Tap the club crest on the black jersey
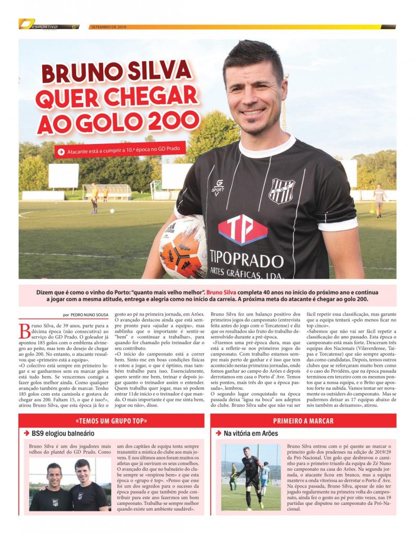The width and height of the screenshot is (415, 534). [x=281, y=190]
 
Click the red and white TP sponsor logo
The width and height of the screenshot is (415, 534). [x=242, y=230]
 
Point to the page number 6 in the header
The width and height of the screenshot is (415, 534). [x=74, y=27]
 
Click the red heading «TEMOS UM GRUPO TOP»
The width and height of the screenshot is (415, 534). [x=112, y=421]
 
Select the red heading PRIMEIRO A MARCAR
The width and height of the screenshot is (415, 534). [x=303, y=421]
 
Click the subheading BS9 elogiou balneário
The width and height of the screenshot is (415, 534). [x=63, y=433]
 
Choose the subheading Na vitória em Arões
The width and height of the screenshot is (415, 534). [x=251, y=433]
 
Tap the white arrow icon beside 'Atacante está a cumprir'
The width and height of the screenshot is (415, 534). [x=62, y=152]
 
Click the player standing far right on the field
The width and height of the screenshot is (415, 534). [x=379, y=200]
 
